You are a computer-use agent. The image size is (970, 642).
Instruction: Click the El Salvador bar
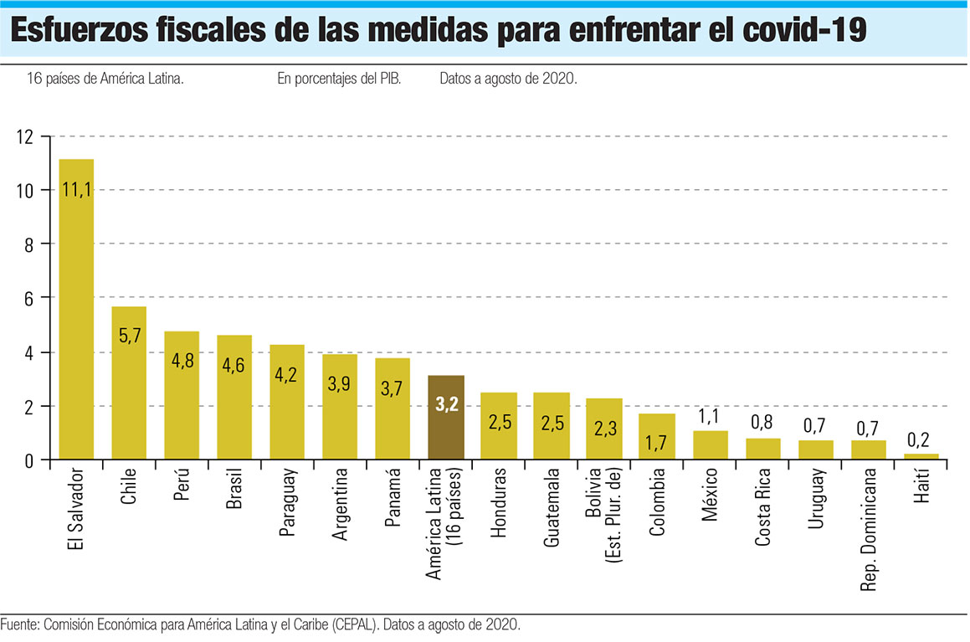(x=76, y=310)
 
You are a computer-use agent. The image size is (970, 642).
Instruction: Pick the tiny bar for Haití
(x=921, y=456)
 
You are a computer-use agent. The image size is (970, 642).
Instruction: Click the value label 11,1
(x=76, y=190)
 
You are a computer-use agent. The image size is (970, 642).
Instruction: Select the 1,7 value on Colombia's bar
(x=656, y=441)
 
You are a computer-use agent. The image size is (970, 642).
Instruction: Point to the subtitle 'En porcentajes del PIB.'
(x=339, y=80)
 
